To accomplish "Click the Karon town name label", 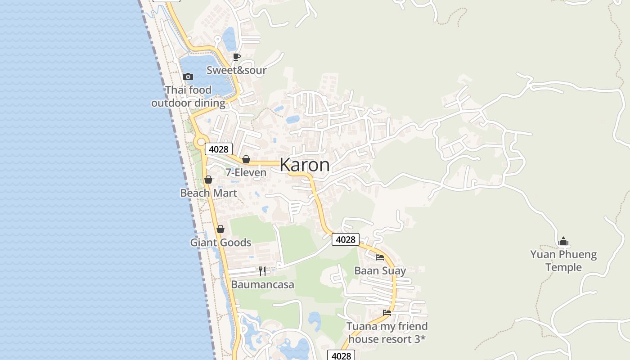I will (305, 165).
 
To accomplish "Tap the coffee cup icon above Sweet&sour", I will (236, 57).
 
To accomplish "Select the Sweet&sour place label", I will (236, 70).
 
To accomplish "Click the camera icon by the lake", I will (188, 77).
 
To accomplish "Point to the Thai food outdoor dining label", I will (188, 96).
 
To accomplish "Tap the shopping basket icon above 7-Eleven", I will (246, 159).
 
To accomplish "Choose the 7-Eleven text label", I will (246, 172).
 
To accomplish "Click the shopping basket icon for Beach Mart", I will (208, 180).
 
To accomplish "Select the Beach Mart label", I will (208, 193).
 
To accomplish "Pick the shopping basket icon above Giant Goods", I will (220, 229).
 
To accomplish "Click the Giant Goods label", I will (220, 243).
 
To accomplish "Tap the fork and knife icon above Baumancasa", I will (262, 271).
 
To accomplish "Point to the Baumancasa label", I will (262, 284).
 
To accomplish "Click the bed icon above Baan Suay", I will (380, 257).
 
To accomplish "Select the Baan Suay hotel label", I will (380, 271).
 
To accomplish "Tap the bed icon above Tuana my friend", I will (387, 312).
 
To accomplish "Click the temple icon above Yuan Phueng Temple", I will (563, 242).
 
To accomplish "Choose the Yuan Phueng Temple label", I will (563, 261).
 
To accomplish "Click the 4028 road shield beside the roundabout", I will (219, 149).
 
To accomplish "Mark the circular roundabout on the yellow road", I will (201, 142).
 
